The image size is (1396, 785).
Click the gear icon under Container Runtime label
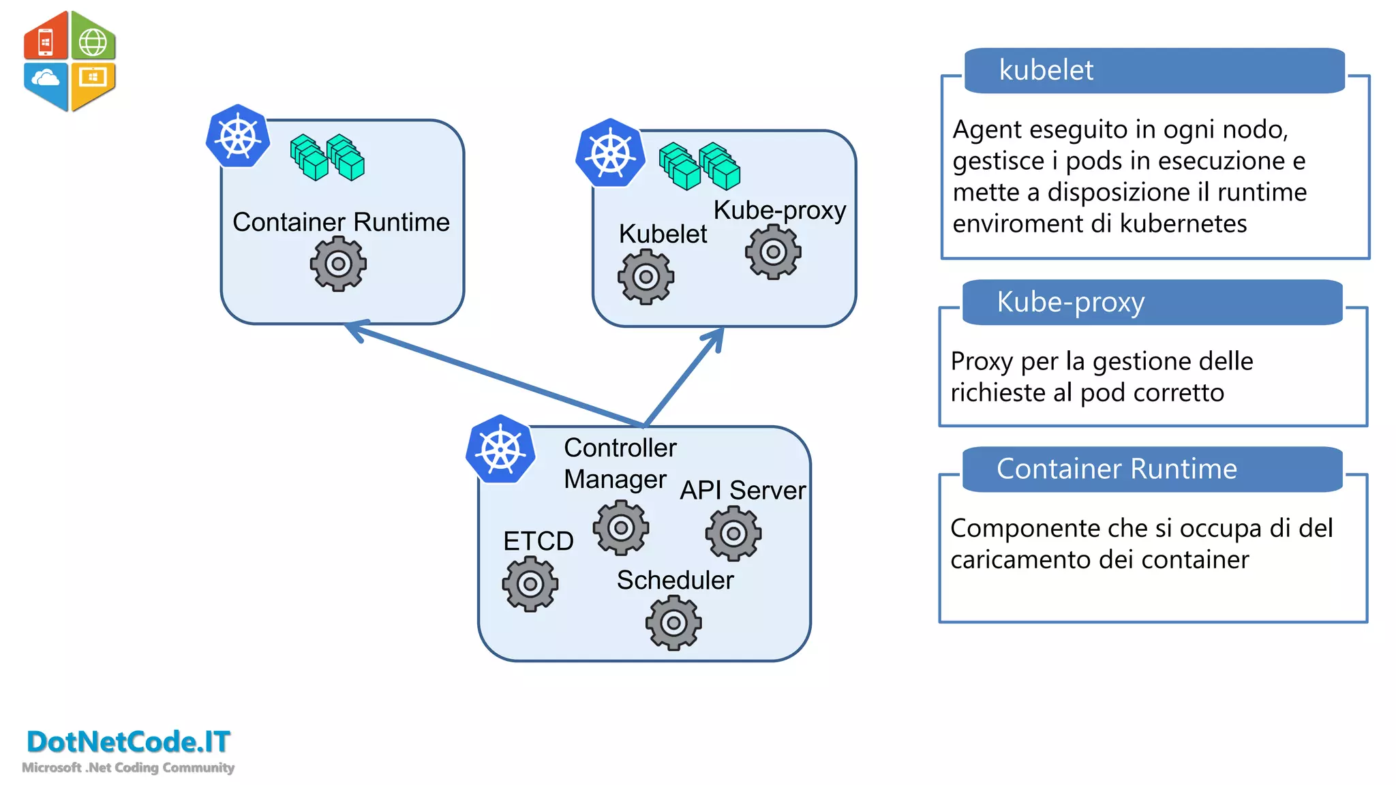[338, 264]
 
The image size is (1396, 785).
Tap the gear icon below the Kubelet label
[646, 277]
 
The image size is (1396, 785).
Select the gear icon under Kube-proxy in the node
[773, 252]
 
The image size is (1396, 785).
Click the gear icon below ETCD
[530, 584]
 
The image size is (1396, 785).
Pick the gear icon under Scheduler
[673, 623]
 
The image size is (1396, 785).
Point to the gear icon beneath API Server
[733, 534]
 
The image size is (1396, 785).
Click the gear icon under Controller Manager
[621, 527]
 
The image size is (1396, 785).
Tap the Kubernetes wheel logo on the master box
[501, 450]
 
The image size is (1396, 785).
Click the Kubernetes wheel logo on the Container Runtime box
[238, 137]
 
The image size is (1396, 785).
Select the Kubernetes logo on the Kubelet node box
[611, 153]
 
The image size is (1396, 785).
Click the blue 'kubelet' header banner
[1155, 71]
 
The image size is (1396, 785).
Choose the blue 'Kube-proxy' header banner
[1152, 303]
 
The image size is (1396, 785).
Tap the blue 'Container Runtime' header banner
[1152, 470]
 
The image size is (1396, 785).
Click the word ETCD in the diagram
[538, 541]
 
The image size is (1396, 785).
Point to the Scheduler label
[675, 581]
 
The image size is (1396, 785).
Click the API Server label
[742, 491]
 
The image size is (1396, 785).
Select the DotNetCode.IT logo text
[128, 742]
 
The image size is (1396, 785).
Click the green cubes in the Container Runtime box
[327, 157]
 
